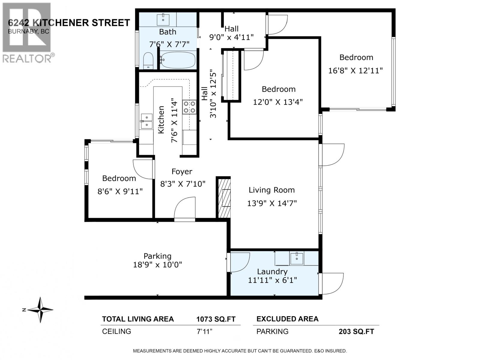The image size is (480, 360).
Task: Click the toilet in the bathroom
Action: click(x=148, y=61)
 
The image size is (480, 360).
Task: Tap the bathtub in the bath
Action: click(x=178, y=60)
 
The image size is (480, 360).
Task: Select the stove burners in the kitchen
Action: click(x=189, y=107)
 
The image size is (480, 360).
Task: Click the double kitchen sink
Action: click(x=146, y=121)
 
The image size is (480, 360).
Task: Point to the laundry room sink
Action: click(x=296, y=258)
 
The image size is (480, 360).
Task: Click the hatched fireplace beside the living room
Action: click(x=224, y=198)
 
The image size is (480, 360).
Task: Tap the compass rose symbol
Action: click(x=40, y=310)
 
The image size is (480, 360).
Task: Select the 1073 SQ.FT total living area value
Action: click(x=216, y=319)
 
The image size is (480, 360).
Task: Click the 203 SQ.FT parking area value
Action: click(x=356, y=331)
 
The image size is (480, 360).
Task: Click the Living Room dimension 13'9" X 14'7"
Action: click(x=272, y=203)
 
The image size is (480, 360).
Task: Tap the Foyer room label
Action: click(x=182, y=172)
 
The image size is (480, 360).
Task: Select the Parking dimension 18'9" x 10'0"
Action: click(x=157, y=265)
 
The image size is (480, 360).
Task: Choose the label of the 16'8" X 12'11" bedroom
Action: click(x=356, y=57)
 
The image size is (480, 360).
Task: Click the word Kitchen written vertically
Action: click(x=161, y=120)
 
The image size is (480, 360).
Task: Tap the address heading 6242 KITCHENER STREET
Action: click(x=69, y=23)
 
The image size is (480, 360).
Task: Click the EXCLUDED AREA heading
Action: click(x=287, y=319)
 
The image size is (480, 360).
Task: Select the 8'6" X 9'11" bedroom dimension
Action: click(x=120, y=191)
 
